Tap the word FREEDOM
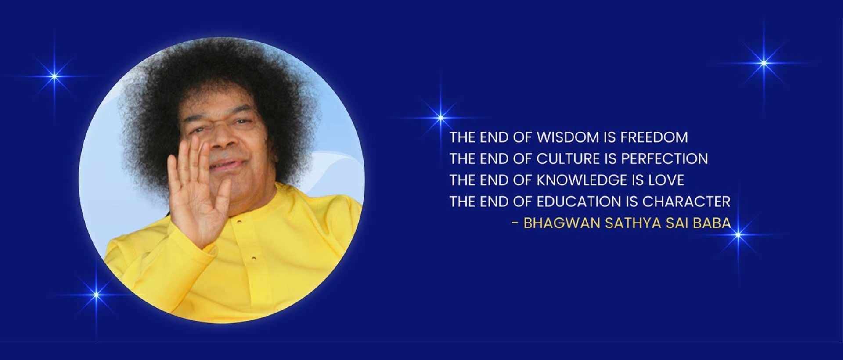pos(654,137)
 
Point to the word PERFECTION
pos(664,159)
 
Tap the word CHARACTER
pos(686,202)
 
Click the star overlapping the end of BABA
pos(739,235)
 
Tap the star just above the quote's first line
pos(441,117)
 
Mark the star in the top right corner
pos(764,63)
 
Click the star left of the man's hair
pos(54,76)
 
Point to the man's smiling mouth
pos(226,165)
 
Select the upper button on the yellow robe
pos(239,221)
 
